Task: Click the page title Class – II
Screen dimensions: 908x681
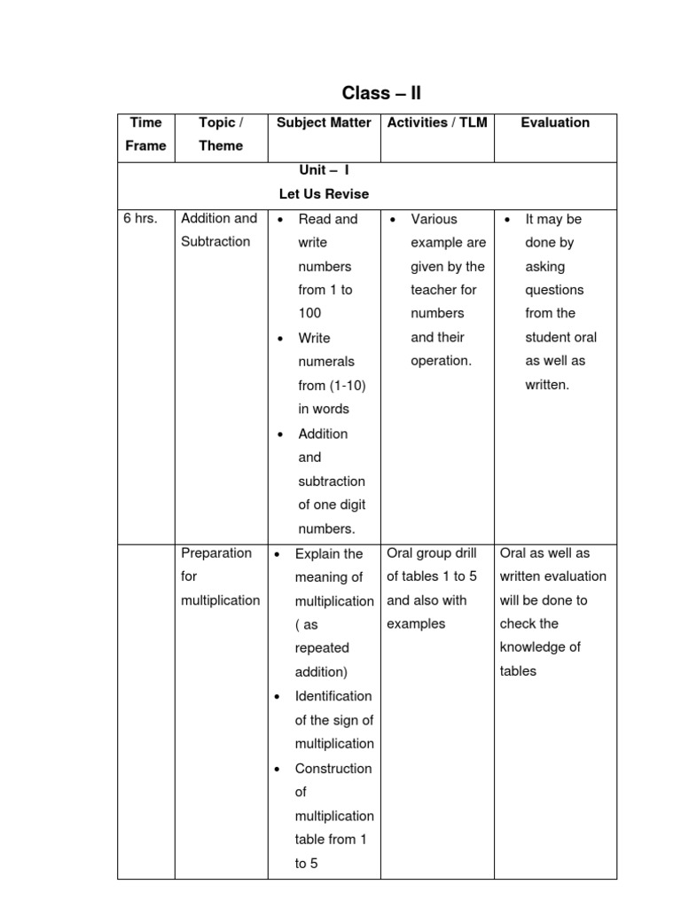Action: [x=381, y=93]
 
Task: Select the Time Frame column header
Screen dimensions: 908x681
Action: [x=145, y=134]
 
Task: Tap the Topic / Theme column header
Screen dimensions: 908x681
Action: [x=221, y=134]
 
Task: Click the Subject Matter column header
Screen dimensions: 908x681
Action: [x=324, y=122]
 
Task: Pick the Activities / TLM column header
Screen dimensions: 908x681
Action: [x=437, y=122]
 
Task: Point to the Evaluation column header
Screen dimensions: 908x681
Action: [x=555, y=122]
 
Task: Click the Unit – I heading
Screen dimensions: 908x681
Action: [x=324, y=169]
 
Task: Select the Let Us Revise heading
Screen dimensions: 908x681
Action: [x=324, y=193]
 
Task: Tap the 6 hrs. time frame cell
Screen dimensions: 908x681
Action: [x=141, y=218]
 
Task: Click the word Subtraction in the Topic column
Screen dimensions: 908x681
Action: [x=215, y=241]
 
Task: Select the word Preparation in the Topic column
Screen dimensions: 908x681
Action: [x=216, y=552]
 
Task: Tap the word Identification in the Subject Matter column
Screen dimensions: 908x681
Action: [x=333, y=696]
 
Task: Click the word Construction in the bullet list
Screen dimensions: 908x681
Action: [x=333, y=768]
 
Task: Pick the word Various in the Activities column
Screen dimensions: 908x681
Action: [x=434, y=219]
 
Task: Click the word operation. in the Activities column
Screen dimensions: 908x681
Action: [x=442, y=361]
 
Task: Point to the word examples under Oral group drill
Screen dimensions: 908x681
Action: [x=416, y=623]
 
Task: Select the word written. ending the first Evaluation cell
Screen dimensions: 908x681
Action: [x=547, y=385]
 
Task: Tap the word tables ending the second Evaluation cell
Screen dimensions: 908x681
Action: [x=518, y=671]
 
